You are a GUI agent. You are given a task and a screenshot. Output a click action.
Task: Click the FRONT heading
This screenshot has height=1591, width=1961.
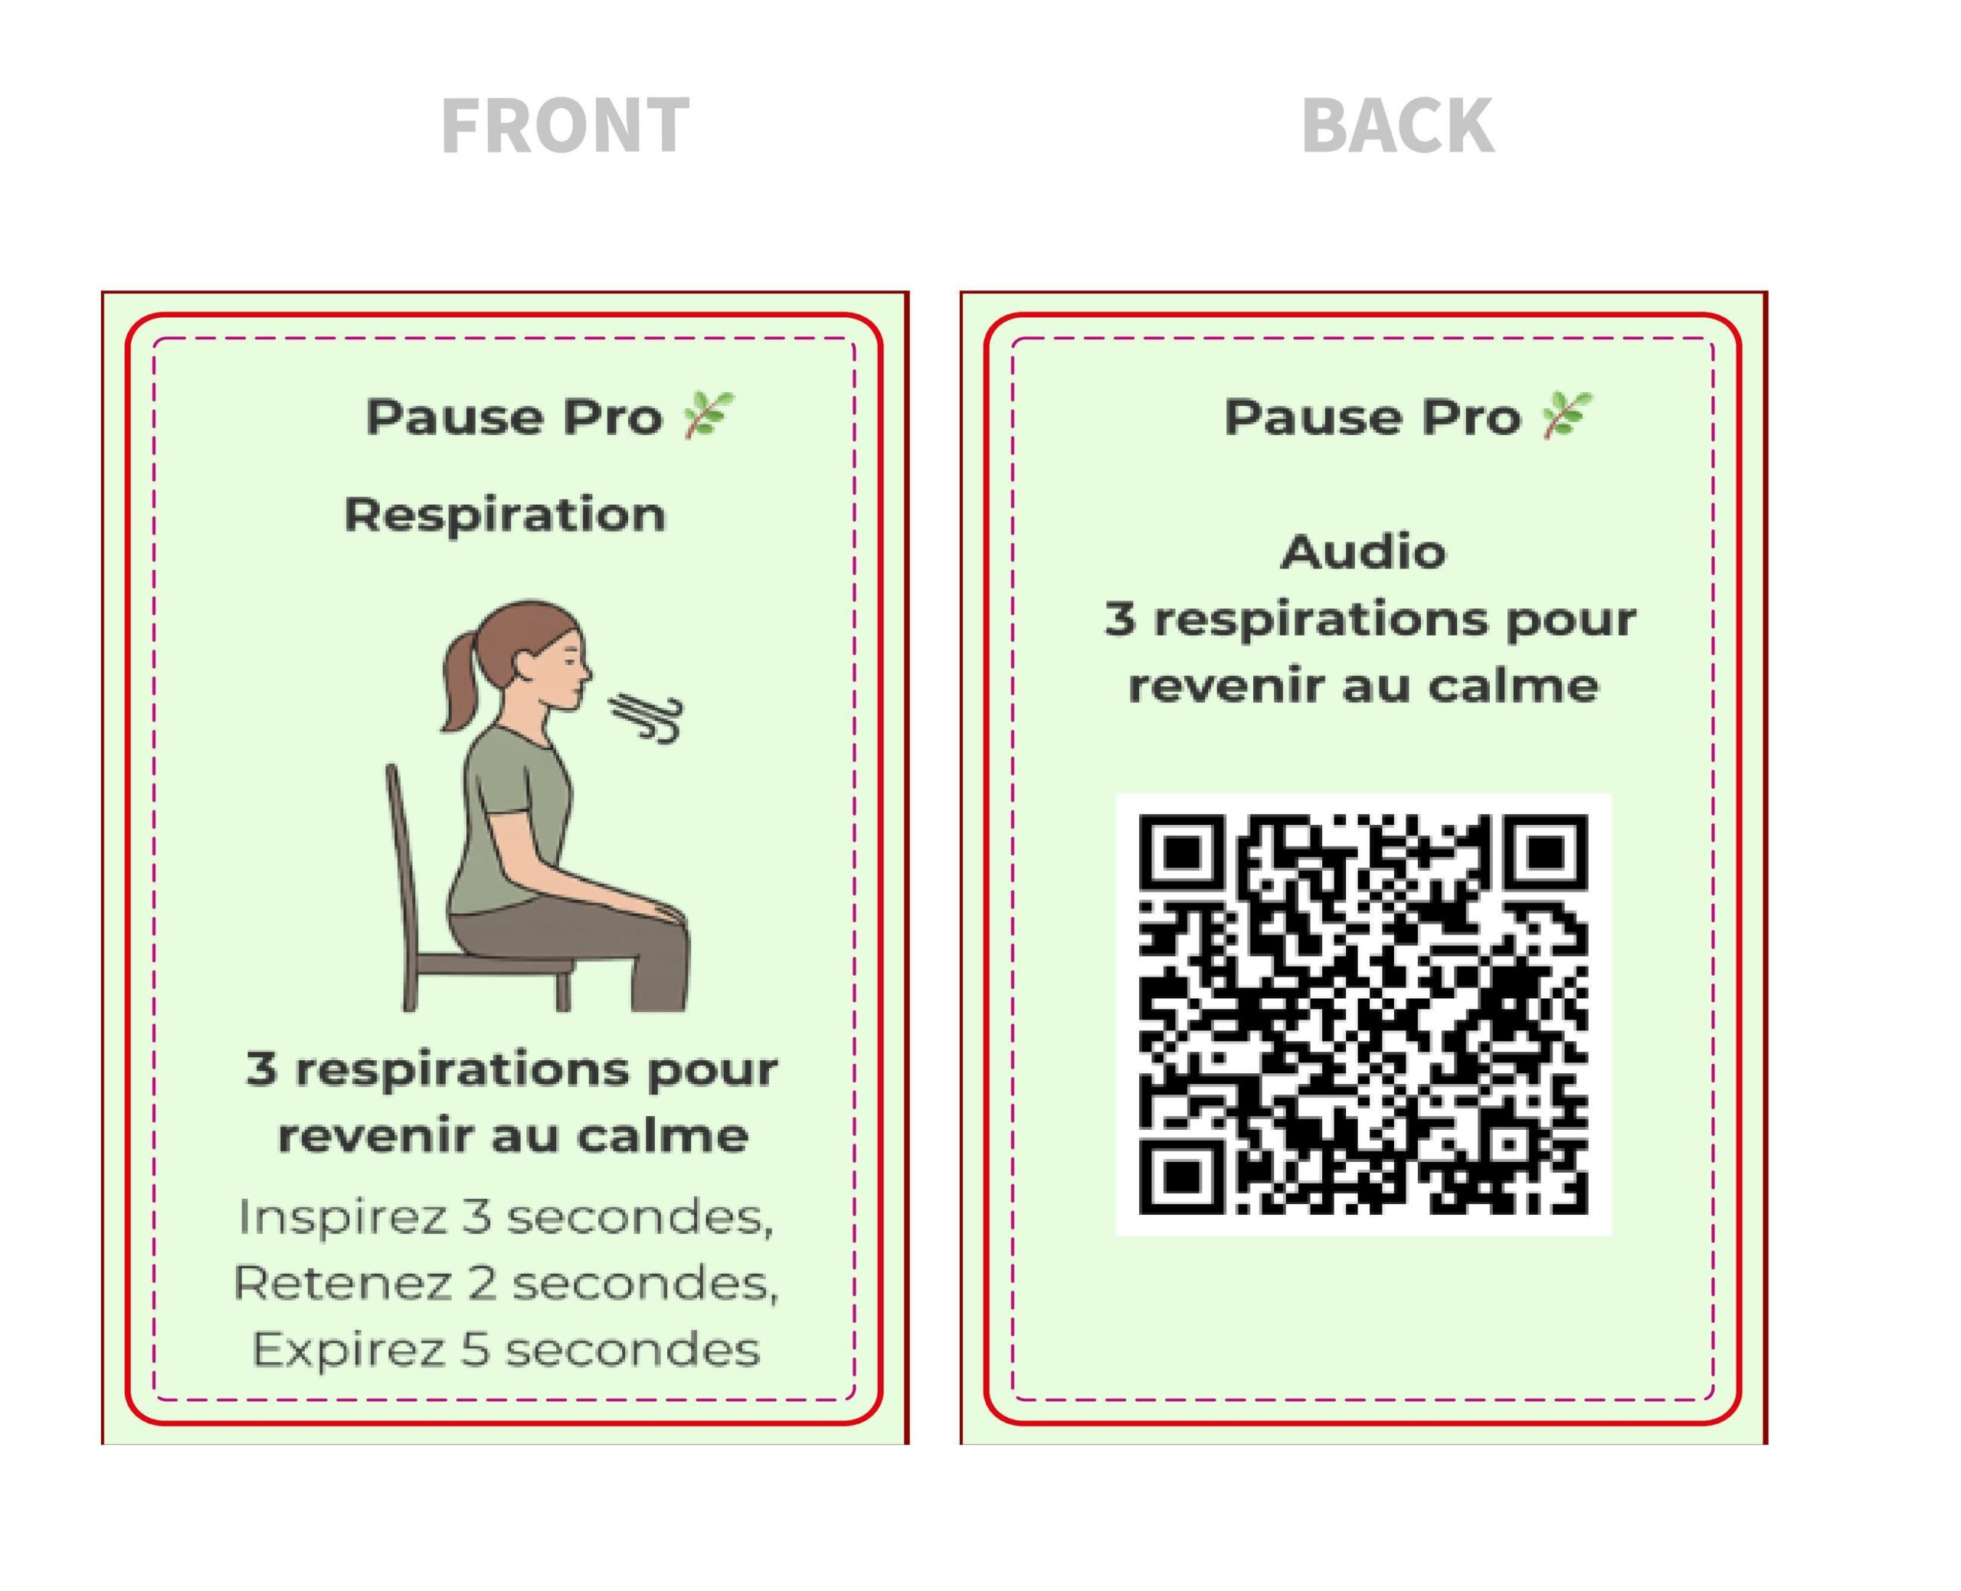[565, 126]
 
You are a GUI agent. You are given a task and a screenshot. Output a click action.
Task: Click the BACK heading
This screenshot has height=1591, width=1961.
[1397, 126]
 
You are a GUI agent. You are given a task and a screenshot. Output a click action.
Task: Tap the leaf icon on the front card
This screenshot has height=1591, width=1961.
[709, 415]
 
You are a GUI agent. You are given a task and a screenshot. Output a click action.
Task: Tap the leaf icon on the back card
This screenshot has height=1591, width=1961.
[1567, 415]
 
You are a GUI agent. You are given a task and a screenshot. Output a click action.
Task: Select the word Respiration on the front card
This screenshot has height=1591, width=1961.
[504, 514]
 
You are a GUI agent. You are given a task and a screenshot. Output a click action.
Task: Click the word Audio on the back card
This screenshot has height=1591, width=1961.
[1363, 552]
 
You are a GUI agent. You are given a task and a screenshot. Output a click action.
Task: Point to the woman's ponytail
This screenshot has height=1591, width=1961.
[458, 678]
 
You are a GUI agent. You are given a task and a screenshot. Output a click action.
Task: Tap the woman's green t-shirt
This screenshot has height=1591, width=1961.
[509, 816]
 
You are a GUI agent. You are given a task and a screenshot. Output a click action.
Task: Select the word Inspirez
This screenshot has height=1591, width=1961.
[341, 1218]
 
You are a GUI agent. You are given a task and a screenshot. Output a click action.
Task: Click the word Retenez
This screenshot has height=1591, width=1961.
[342, 1283]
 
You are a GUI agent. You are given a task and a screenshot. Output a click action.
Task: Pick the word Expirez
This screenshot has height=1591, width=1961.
[349, 1350]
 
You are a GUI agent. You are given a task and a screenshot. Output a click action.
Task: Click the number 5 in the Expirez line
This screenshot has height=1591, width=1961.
[475, 1350]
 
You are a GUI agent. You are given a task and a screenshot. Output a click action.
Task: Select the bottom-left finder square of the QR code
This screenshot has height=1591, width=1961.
[1182, 1173]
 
